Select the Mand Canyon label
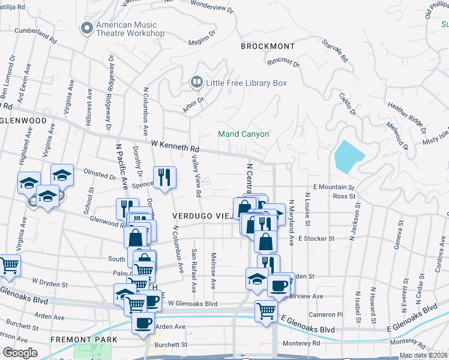243,134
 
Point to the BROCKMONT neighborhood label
268,46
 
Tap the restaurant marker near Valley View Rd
164,176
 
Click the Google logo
20,353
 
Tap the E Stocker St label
316,239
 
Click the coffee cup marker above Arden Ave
143,323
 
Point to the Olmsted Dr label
99,176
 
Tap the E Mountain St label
330,187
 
